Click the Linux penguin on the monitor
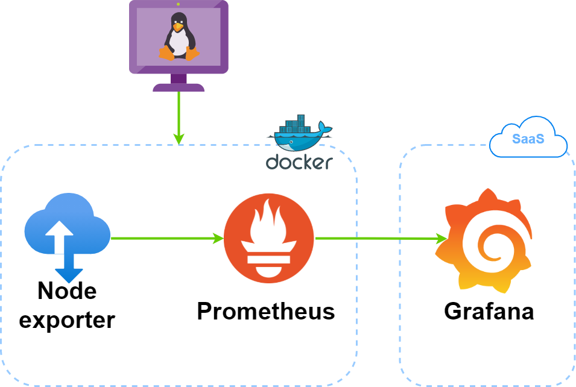[x=179, y=36]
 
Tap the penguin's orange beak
[x=178, y=27]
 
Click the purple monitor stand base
[x=179, y=87]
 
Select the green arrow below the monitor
[x=179, y=118]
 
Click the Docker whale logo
[x=300, y=133]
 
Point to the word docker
[x=299, y=163]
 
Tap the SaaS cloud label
[x=528, y=139]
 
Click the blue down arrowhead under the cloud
[x=69, y=275]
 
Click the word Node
[x=67, y=291]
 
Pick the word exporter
[x=67, y=320]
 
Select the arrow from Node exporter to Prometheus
[x=168, y=238]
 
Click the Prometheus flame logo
[x=269, y=238]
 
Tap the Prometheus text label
[x=266, y=311]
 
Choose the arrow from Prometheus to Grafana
[x=381, y=238]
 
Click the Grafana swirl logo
[x=484, y=241]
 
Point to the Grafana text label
[x=489, y=312]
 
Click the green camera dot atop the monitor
[x=178, y=4]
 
